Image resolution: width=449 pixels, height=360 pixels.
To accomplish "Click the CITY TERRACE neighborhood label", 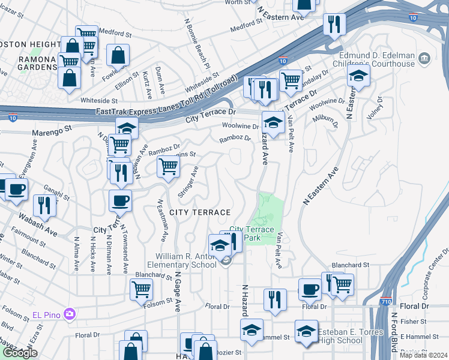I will (200, 212).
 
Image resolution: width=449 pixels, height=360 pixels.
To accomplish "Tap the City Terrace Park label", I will (252, 233).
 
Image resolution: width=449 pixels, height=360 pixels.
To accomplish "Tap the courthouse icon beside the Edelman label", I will (424, 58).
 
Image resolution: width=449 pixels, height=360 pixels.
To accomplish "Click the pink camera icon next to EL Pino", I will (70, 314).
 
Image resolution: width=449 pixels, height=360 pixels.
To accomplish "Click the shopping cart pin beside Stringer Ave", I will (169, 166).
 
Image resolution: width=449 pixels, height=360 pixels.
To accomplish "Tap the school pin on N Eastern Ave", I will (358, 76).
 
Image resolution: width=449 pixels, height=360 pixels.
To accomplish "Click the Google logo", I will (20, 353).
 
